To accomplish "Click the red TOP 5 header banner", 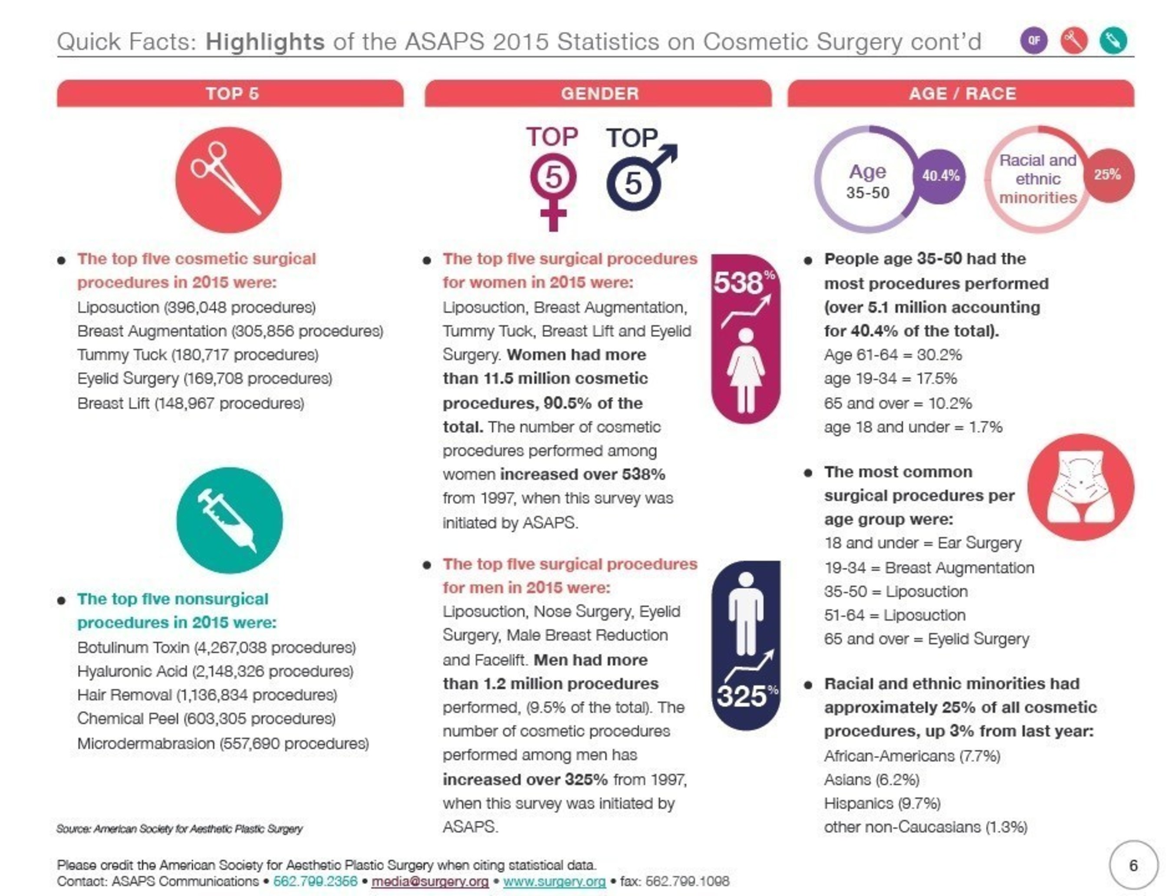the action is pos(230,93).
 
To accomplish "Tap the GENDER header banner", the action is pos(598,93).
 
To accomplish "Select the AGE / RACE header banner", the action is pos(961,93).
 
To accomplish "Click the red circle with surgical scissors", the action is pos(229,180).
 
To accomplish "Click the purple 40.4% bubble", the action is pos(941,176).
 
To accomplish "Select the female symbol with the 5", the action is pos(553,192).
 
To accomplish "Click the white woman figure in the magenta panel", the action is pos(746,370).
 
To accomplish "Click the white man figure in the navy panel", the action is pos(746,613).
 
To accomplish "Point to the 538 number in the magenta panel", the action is pos(738,283).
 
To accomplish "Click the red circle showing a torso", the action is pos(1081,487).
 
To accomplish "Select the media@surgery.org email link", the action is pos(430,881).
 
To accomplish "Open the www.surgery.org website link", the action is pos(554,881).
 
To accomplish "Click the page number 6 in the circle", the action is pos(1134,865).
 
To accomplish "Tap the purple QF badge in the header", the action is pos(1034,40).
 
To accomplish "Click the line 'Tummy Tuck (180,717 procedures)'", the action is pos(198,355).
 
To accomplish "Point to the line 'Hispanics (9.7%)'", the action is pos(882,803).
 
